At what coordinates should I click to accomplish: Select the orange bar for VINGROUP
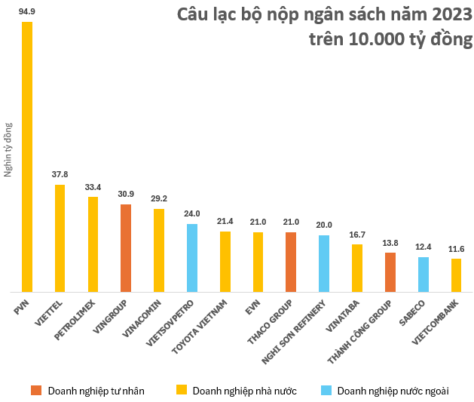point(126,248)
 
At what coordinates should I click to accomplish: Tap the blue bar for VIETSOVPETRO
point(192,258)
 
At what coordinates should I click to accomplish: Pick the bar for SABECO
point(424,275)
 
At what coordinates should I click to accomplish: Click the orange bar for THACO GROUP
point(291,262)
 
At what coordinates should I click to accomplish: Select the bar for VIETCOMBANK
point(456,275)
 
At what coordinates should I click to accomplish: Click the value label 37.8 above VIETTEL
point(60,175)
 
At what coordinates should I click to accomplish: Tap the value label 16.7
point(357,235)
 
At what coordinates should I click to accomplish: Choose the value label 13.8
point(390,243)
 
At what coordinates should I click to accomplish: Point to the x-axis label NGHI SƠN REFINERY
point(295,332)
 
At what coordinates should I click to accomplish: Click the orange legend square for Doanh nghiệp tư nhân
point(36,391)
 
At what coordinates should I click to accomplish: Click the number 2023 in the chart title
point(445,16)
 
